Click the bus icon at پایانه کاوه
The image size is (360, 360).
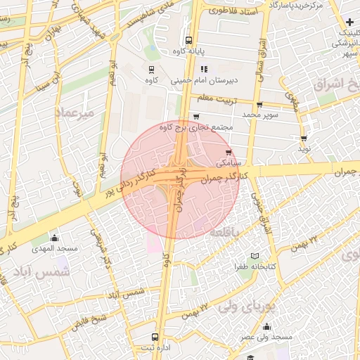[188, 40]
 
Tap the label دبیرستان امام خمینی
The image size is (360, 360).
[235, 80]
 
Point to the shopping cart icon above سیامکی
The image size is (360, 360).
[228, 151]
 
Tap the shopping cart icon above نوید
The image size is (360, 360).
[304, 139]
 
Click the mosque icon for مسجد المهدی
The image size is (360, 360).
[54, 238]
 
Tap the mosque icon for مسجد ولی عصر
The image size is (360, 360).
[266, 326]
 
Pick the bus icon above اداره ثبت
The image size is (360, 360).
[155, 336]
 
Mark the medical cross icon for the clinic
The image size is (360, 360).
[349, 22]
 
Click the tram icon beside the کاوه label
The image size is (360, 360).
[151, 69]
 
